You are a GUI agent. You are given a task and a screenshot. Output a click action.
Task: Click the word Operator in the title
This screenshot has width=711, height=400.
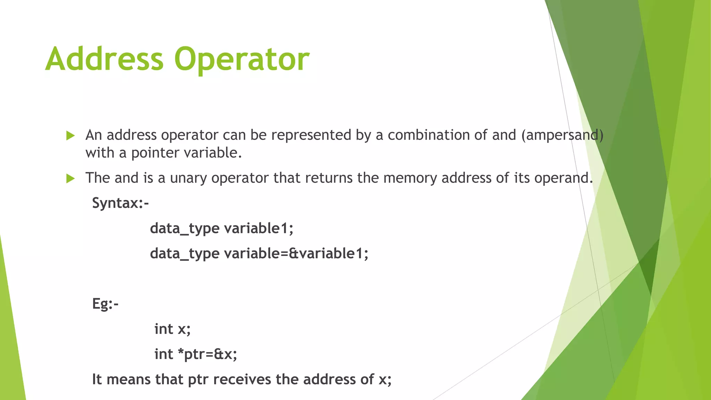tap(242, 60)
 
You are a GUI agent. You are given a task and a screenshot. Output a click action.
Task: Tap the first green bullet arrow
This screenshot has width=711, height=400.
tap(70, 136)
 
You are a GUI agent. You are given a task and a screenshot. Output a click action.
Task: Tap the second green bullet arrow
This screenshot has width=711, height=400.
tap(70, 179)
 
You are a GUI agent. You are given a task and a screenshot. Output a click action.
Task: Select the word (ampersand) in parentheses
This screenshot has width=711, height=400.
tap(562, 135)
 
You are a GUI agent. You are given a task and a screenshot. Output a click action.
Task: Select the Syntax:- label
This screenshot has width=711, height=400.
tap(120, 203)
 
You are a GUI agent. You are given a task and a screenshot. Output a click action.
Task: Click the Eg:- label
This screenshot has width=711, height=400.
tap(105, 304)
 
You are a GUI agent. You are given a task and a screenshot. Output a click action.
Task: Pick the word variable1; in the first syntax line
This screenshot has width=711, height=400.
tap(259, 228)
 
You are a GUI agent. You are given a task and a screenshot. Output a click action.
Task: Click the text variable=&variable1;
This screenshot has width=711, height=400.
tap(296, 253)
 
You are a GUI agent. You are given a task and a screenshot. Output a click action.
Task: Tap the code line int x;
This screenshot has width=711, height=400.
tap(173, 329)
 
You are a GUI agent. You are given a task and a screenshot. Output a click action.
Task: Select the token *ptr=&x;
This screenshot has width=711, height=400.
tap(207, 354)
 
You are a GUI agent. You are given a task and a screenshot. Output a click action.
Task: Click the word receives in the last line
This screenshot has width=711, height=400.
tap(242, 379)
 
